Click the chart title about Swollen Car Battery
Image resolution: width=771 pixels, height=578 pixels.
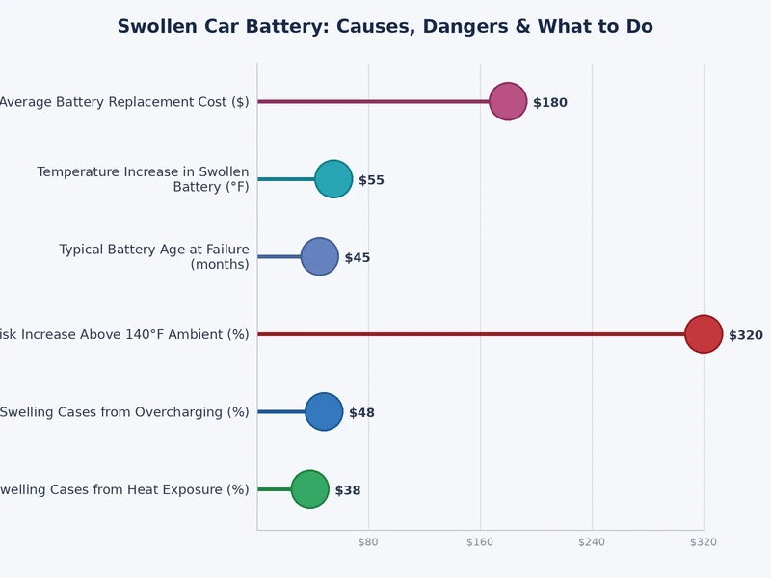click(x=385, y=27)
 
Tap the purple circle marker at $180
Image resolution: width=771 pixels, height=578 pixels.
click(x=508, y=101)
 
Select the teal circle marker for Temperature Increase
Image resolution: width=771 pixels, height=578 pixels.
click(x=333, y=179)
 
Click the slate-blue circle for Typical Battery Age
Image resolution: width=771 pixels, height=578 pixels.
click(x=320, y=256)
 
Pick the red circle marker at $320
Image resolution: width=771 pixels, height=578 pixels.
click(x=704, y=334)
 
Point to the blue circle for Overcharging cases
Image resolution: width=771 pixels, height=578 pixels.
click(x=324, y=411)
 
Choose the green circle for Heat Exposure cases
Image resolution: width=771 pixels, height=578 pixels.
click(x=310, y=489)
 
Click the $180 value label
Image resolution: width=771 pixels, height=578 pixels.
click(x=550, y=103)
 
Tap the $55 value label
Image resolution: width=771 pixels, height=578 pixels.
click(x=371, y=180)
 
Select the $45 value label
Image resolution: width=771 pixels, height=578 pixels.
click(x=358, y=258)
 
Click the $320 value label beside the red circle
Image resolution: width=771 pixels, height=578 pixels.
click(x=745, y=335)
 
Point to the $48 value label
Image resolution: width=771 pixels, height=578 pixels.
click(x=361, y=413)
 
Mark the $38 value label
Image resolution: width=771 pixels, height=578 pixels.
click(x=348, y=490)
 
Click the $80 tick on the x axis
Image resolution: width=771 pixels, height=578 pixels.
click(x=368, y=542)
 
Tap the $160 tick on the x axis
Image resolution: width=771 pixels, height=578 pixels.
click(x=480, y=542)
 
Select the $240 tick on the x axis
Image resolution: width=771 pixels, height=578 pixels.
click(x=592, y=542)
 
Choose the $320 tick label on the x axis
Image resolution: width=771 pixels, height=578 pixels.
click(x=704, y=542)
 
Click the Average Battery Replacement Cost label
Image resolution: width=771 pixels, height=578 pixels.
click(x=124, y=102)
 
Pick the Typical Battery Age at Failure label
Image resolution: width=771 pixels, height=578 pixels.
click(x=154, y=256)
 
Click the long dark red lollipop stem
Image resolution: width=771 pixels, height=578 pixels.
click(x=472, y=334)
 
